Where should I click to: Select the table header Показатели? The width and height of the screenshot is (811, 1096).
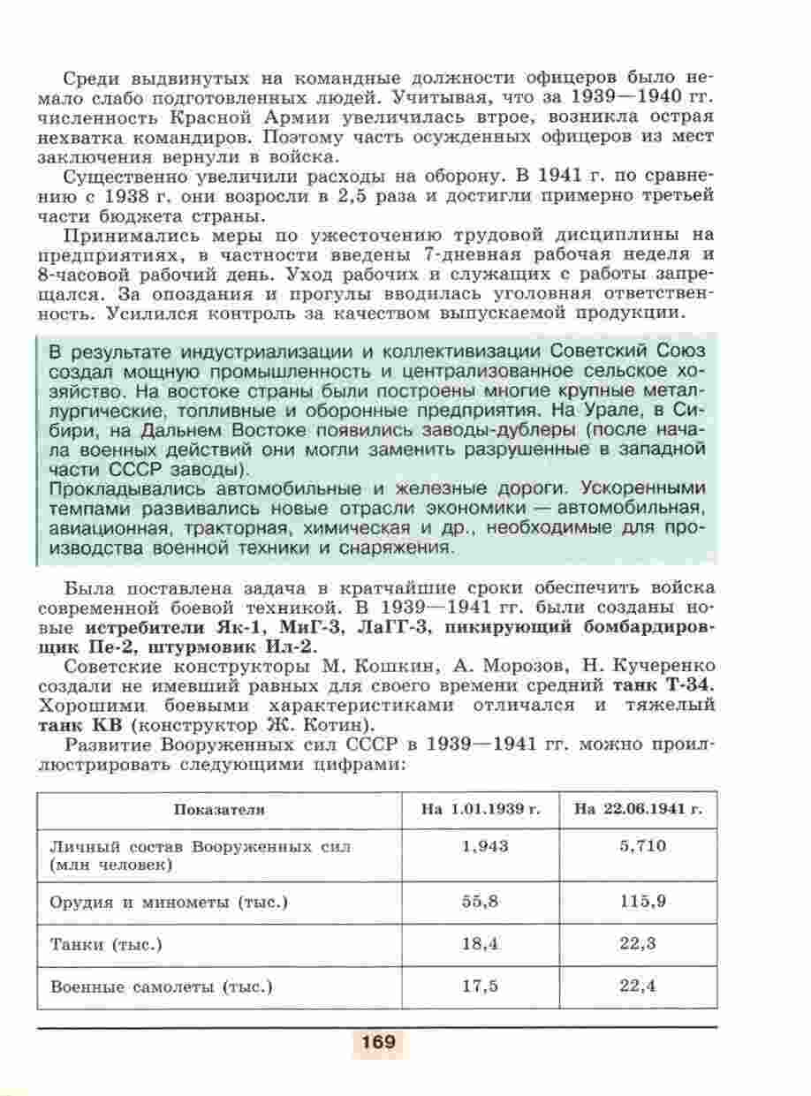[219, 809]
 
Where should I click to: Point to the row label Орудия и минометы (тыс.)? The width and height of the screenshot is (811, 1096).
[170, 902]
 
